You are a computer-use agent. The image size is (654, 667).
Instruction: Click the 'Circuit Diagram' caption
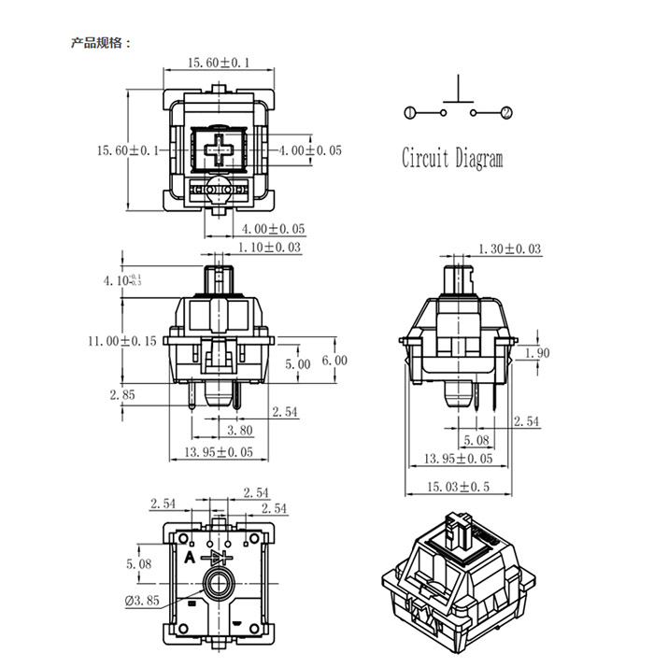(452, 158)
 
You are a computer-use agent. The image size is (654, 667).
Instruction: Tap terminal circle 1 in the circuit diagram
(409, 113)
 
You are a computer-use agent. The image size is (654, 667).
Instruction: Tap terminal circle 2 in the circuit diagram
(506, 113)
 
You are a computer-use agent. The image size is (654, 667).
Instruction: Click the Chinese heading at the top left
(101, 43)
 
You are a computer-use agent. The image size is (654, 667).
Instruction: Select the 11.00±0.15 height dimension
(122, 341)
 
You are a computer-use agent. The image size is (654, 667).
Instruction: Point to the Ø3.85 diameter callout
(142, 601)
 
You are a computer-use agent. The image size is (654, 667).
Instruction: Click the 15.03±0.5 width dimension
(459, 487)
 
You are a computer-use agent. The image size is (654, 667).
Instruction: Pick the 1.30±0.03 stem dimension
(510, 248)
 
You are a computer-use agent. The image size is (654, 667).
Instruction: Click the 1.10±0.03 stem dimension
(269, 248)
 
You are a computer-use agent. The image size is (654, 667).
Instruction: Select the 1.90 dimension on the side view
(537, 352)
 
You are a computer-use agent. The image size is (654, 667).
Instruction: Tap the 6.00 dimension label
(334, 361)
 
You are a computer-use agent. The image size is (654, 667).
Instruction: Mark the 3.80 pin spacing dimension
(240, 430)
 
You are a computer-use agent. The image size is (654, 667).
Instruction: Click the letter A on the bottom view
(190, 557)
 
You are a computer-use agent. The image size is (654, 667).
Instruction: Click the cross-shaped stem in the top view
(219, 149)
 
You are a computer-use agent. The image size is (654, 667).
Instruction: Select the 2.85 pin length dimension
(122, 395)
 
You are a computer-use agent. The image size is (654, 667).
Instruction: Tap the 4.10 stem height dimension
(122, 280)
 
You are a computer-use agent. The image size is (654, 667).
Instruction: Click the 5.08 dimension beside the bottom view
(138, 564)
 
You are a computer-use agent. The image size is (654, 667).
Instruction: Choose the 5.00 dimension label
(298, 364)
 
